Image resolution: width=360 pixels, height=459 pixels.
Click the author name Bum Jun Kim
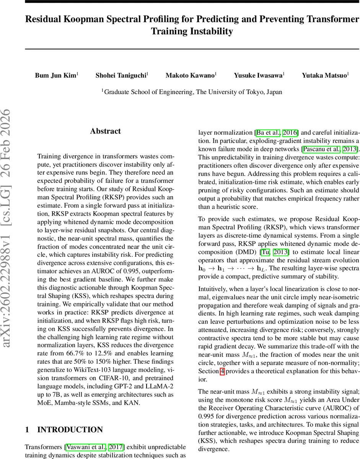click(x=56, y=75)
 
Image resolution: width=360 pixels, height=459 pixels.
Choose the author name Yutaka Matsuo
click(x=324, y=75)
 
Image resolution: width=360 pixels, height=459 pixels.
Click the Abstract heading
click(x=106, y=131)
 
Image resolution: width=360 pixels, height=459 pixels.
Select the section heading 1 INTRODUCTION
click(x=64, y=430)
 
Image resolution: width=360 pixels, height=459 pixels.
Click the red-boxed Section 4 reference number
click(x=222, y=371)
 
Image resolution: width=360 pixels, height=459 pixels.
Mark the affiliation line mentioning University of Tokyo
click(x=192, y=92)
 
